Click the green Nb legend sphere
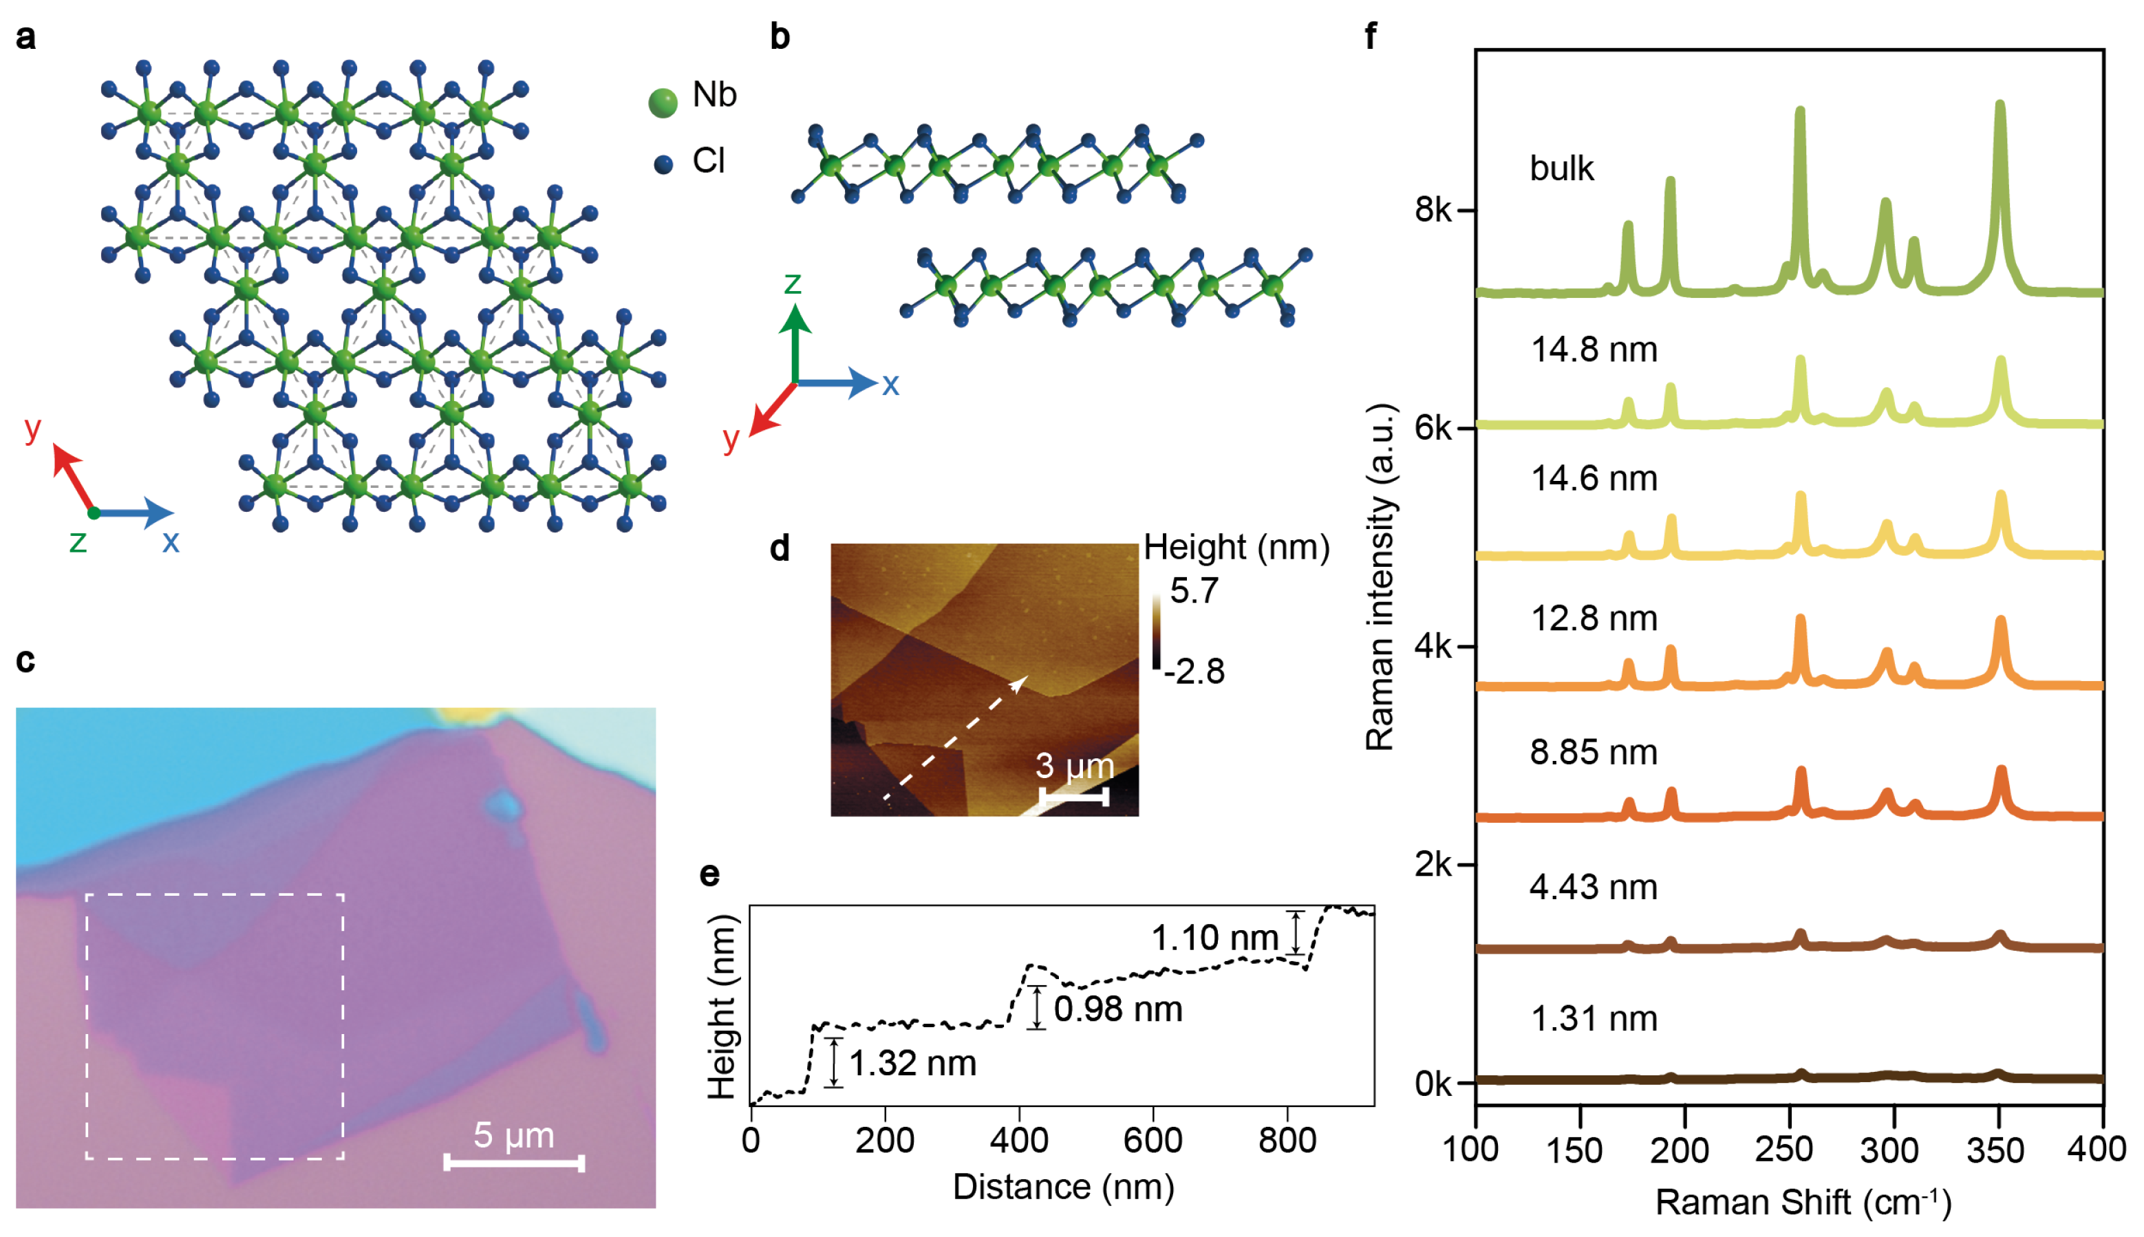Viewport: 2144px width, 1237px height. tap(663, 103)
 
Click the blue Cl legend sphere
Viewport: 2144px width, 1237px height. tap(663, 164)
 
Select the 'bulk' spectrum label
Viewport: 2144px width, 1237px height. tap(1561, 169)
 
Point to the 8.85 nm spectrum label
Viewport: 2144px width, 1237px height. tap(1593, 753)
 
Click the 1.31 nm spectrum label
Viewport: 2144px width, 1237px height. tap(1593, 1019)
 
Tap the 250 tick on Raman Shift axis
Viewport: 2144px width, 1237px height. tap(1784, 1150)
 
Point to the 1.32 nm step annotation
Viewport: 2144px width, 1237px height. tap(912, 1064)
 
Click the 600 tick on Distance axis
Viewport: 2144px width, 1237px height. tap(1153, 1140)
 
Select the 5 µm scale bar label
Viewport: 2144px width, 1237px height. tap(513, 1135)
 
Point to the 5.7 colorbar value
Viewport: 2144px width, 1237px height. tap(1194, 590)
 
